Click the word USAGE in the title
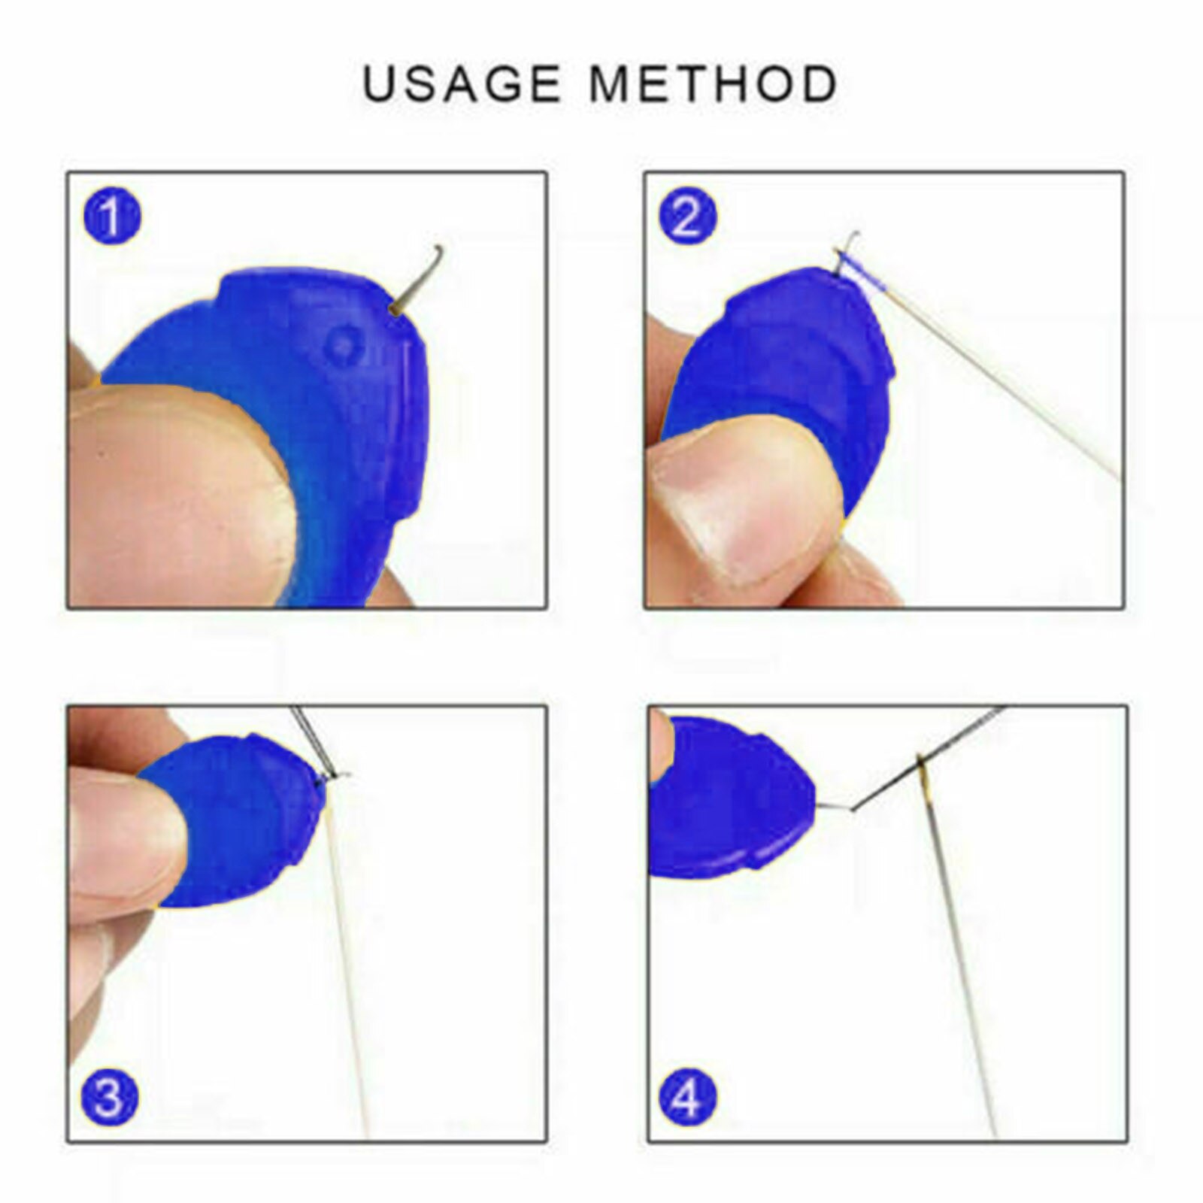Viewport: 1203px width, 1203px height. (462, 83)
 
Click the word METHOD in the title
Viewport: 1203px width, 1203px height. (713, 83)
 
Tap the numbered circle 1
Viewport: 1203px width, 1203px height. (111, 217)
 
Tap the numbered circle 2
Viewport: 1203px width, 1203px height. (687, 217)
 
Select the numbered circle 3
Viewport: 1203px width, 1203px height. (110, 1098)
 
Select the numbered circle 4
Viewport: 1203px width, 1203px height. (687, 1098)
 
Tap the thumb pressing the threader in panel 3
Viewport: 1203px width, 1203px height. (120, 835)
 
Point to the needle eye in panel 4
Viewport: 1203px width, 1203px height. (921, 767)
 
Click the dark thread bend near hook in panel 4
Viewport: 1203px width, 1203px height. (852, 810)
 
